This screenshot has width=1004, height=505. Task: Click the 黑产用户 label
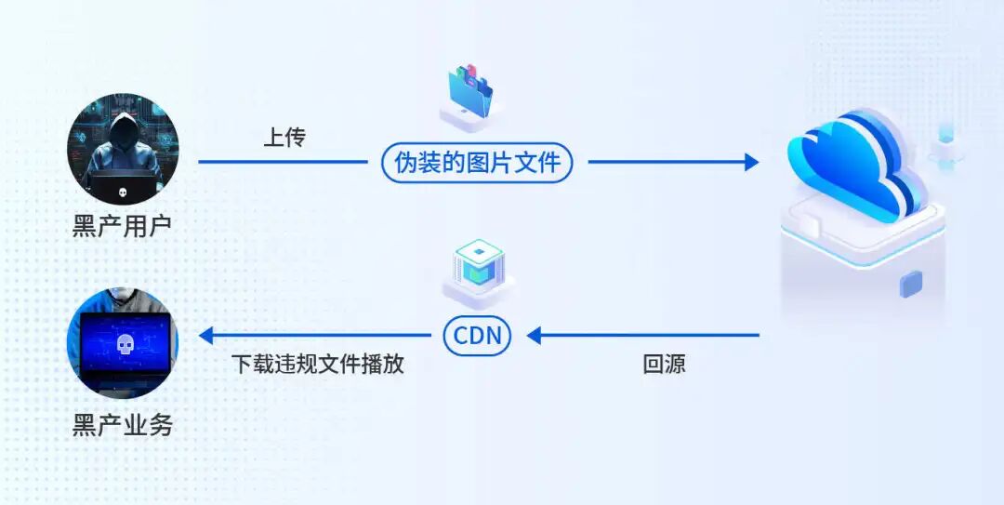pyautogui.click(x=123, y=226)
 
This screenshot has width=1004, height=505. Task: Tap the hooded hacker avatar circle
pyautogui.click(x=123, y=150)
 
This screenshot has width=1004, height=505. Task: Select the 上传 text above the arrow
pyautogui.click(x=285, y=138)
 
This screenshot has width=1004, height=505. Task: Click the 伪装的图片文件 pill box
pyautogui.click(x=476, y=163)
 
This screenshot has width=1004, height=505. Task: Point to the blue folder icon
pyautogui.click(x=470, y=93)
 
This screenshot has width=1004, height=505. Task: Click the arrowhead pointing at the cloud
pyautogui.click(x=752, y=162)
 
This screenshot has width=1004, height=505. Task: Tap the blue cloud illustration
pyautogui.click(x=855, y=166)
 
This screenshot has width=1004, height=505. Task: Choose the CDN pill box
pyautogui.click(x=477, y=335)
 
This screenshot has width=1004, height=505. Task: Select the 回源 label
pyautogui.click(x=664, y=364)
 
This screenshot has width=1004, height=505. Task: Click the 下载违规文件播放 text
pyautogui.click(x=318, y=364)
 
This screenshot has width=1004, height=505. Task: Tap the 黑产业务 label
pyautogui.click(x=123, y=425)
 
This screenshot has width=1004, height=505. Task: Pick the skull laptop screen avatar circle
pyautogui.click(x=123, y=342)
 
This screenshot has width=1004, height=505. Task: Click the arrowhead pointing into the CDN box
pyautogui.click(x=534, y=335)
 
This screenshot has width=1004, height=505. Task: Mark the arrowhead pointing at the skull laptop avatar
pyautogui.click(x=205, y=335)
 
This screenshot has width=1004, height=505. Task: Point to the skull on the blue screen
pyautogui.click(x=125, y=345)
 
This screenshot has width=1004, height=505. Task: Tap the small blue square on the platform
pyautogui.click(x=910, y=284)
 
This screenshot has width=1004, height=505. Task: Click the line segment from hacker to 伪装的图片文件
pyautogui.click(x=283, y=162)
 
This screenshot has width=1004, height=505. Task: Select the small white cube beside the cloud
pyautogui.click(x=946, y=146)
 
